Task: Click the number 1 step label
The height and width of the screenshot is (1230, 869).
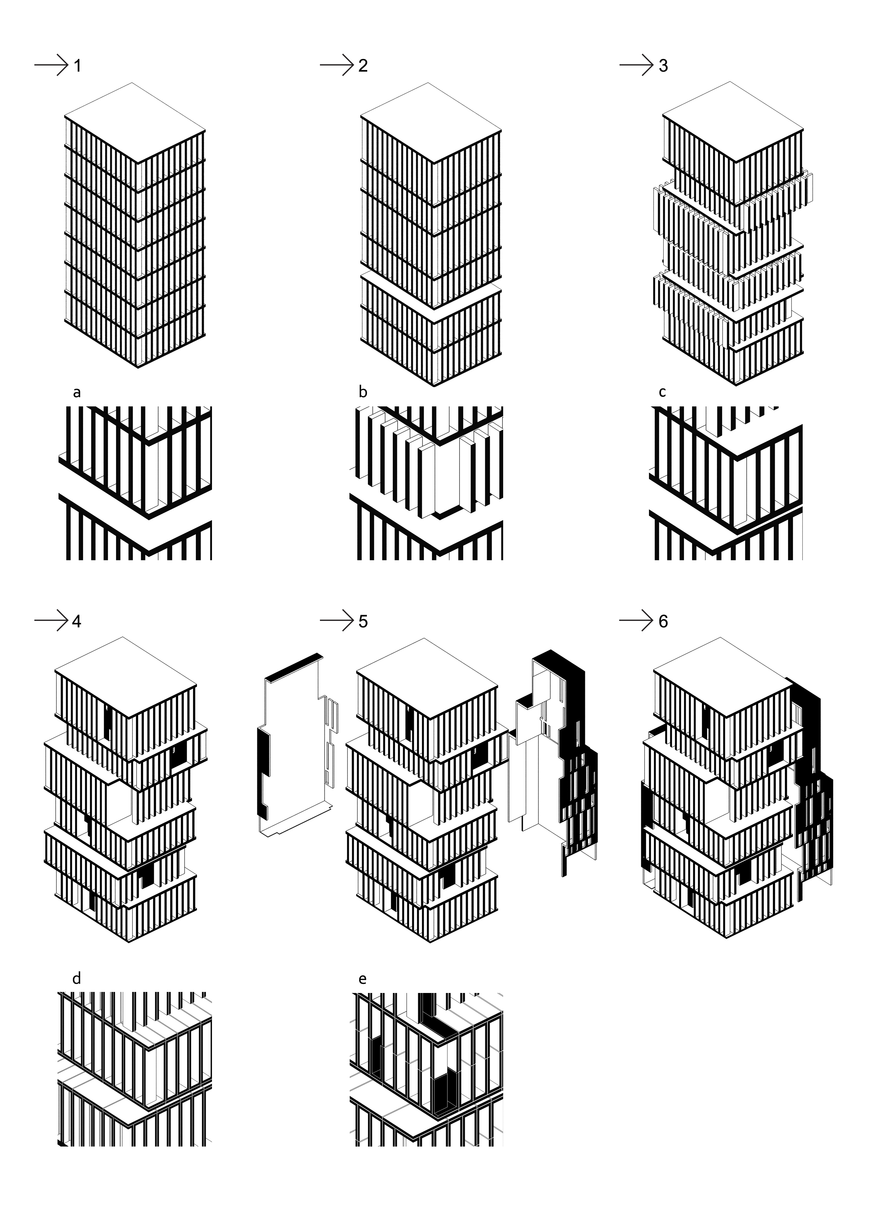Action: click(x=78, y=66)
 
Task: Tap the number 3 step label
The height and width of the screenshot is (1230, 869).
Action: click(x=663, y=66)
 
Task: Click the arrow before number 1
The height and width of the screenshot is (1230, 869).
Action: click(x=52, y=65)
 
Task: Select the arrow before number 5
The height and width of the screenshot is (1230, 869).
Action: click(x=337, y=621)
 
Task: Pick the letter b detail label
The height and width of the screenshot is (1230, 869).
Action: click(x=363, y=392)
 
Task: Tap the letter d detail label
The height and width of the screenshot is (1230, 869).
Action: click(x=77, y=979)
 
